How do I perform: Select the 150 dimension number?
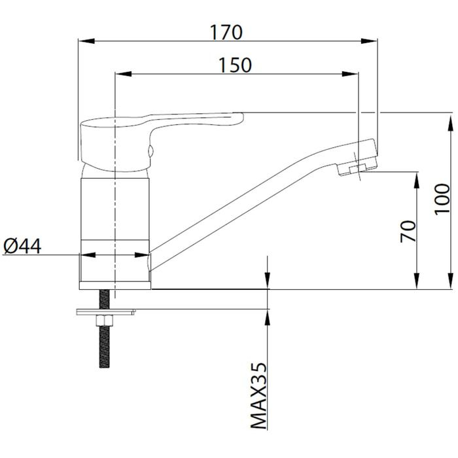click(x=235, y=65)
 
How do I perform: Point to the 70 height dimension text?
click(x=408, y=231)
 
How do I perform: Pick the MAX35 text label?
click(x=260, y=395)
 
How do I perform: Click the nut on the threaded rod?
click(x=104, y=320)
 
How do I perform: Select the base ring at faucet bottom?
click(x=115, y=272)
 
